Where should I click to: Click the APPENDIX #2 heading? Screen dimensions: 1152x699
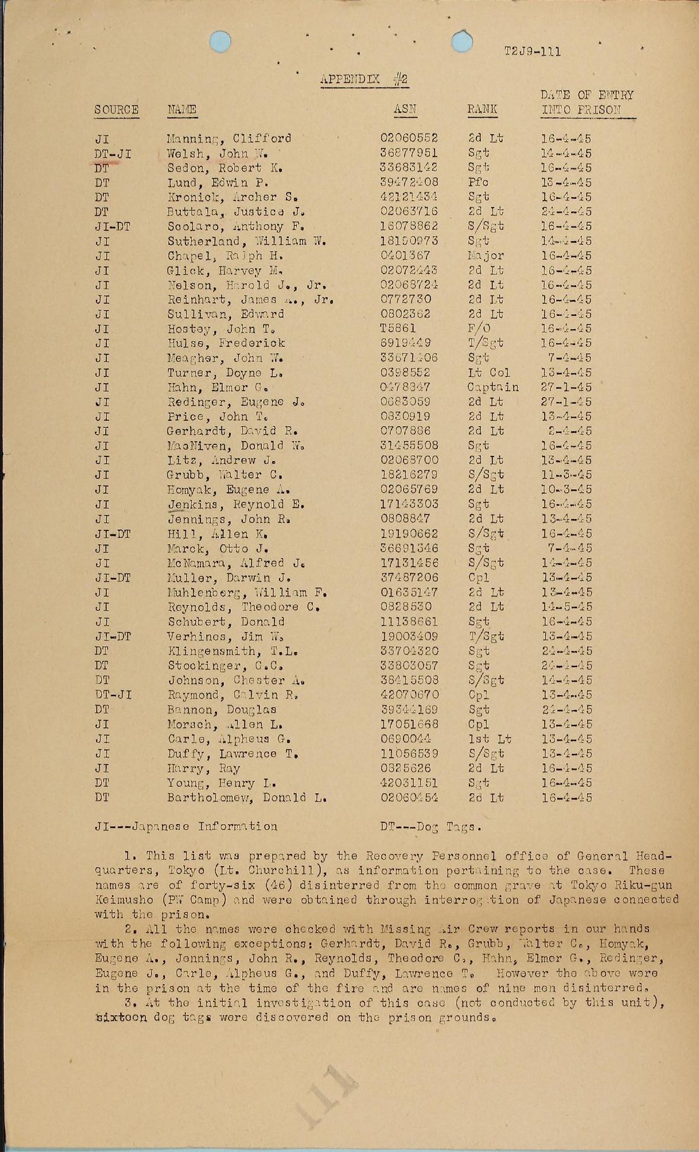coord(364,80)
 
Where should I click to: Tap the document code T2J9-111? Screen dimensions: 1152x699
coord(532,51)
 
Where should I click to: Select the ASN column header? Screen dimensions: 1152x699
coord(405,109)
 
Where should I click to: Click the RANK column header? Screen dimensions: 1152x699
coord(482,109)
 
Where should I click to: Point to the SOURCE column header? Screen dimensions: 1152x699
coord(116,110)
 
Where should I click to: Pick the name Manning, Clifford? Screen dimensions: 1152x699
coord(229,139)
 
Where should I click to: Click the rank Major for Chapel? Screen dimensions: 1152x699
coord(486,256)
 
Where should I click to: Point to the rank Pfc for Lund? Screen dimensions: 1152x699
coord(478,183)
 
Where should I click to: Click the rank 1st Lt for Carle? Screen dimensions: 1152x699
coord(490,739)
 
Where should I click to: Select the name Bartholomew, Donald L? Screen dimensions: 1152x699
coord(247,798)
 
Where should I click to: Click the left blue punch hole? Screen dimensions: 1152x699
coord(220,41)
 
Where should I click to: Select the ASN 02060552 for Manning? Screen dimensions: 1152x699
coord(409,139)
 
